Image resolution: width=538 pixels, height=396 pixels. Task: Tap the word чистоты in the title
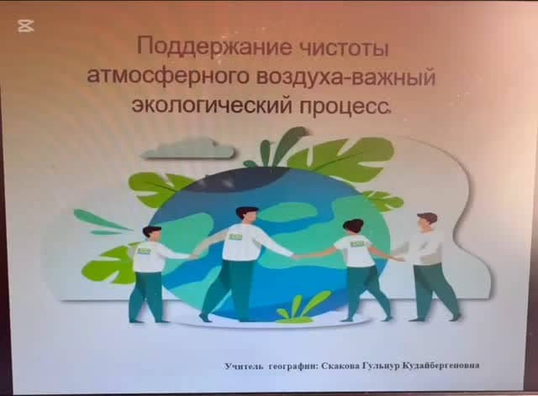click(x=344, y=48)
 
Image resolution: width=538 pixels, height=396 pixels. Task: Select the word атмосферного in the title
click(x=168, y=78)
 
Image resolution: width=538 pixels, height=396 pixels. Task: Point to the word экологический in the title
click(x=212, y=105)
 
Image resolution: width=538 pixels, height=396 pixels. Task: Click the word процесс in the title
click(x=345, y=107)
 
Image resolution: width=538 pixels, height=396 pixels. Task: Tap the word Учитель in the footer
click(x=244, y=366)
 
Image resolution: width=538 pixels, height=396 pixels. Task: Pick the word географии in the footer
click(x=293, y=366)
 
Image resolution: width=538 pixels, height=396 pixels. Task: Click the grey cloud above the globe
click(x=188, y=148)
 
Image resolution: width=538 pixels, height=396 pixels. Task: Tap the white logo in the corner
click(x=26, y=26)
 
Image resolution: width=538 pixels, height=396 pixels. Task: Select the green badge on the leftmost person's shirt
click(x=144, y=251)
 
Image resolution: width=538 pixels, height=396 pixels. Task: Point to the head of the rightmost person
click(x=426, y=221)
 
